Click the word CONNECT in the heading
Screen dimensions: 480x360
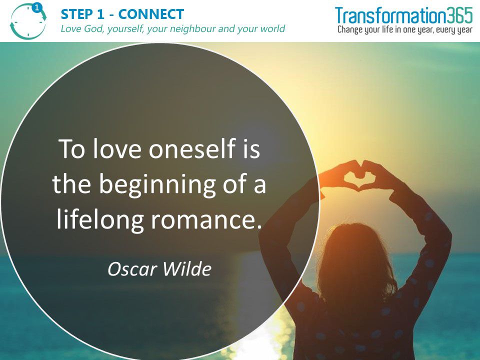(x=151, y=14)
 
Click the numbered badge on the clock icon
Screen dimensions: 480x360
(x=36, y=7)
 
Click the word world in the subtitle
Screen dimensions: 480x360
(x=272, y=29)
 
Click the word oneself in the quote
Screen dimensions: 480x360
(x=191, y=148)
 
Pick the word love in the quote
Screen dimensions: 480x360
(x=117, y=148)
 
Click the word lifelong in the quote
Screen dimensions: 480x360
(x=100, y=220)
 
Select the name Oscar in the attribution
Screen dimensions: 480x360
(x=132, y=269)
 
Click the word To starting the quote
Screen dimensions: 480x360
(x=71, y=148)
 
